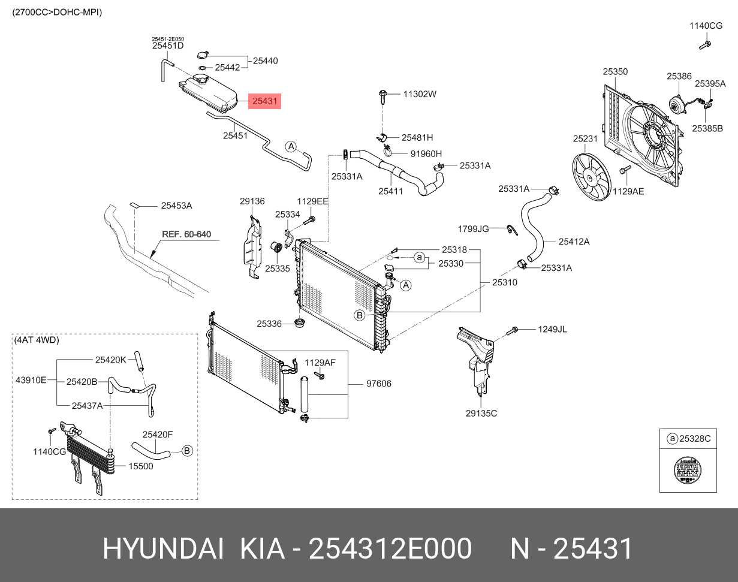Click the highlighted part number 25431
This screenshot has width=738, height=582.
coord(264,101)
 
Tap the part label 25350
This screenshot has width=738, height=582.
coord(615,72)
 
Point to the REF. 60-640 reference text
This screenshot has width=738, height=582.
coord(186,234)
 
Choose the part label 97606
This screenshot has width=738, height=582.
coord(378,384)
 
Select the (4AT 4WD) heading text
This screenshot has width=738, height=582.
coord(37,340)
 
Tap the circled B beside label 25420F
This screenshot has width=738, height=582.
coord(187,450)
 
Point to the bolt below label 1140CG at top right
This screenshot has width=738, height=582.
coord(704,44)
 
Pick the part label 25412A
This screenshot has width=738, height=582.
coord(574,242)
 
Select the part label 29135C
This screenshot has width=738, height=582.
coord(481,413)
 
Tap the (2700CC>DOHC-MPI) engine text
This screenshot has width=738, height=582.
coord(57,12)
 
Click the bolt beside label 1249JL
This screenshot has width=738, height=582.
coord(513,330)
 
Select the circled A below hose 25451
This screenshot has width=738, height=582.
coord(291,146)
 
